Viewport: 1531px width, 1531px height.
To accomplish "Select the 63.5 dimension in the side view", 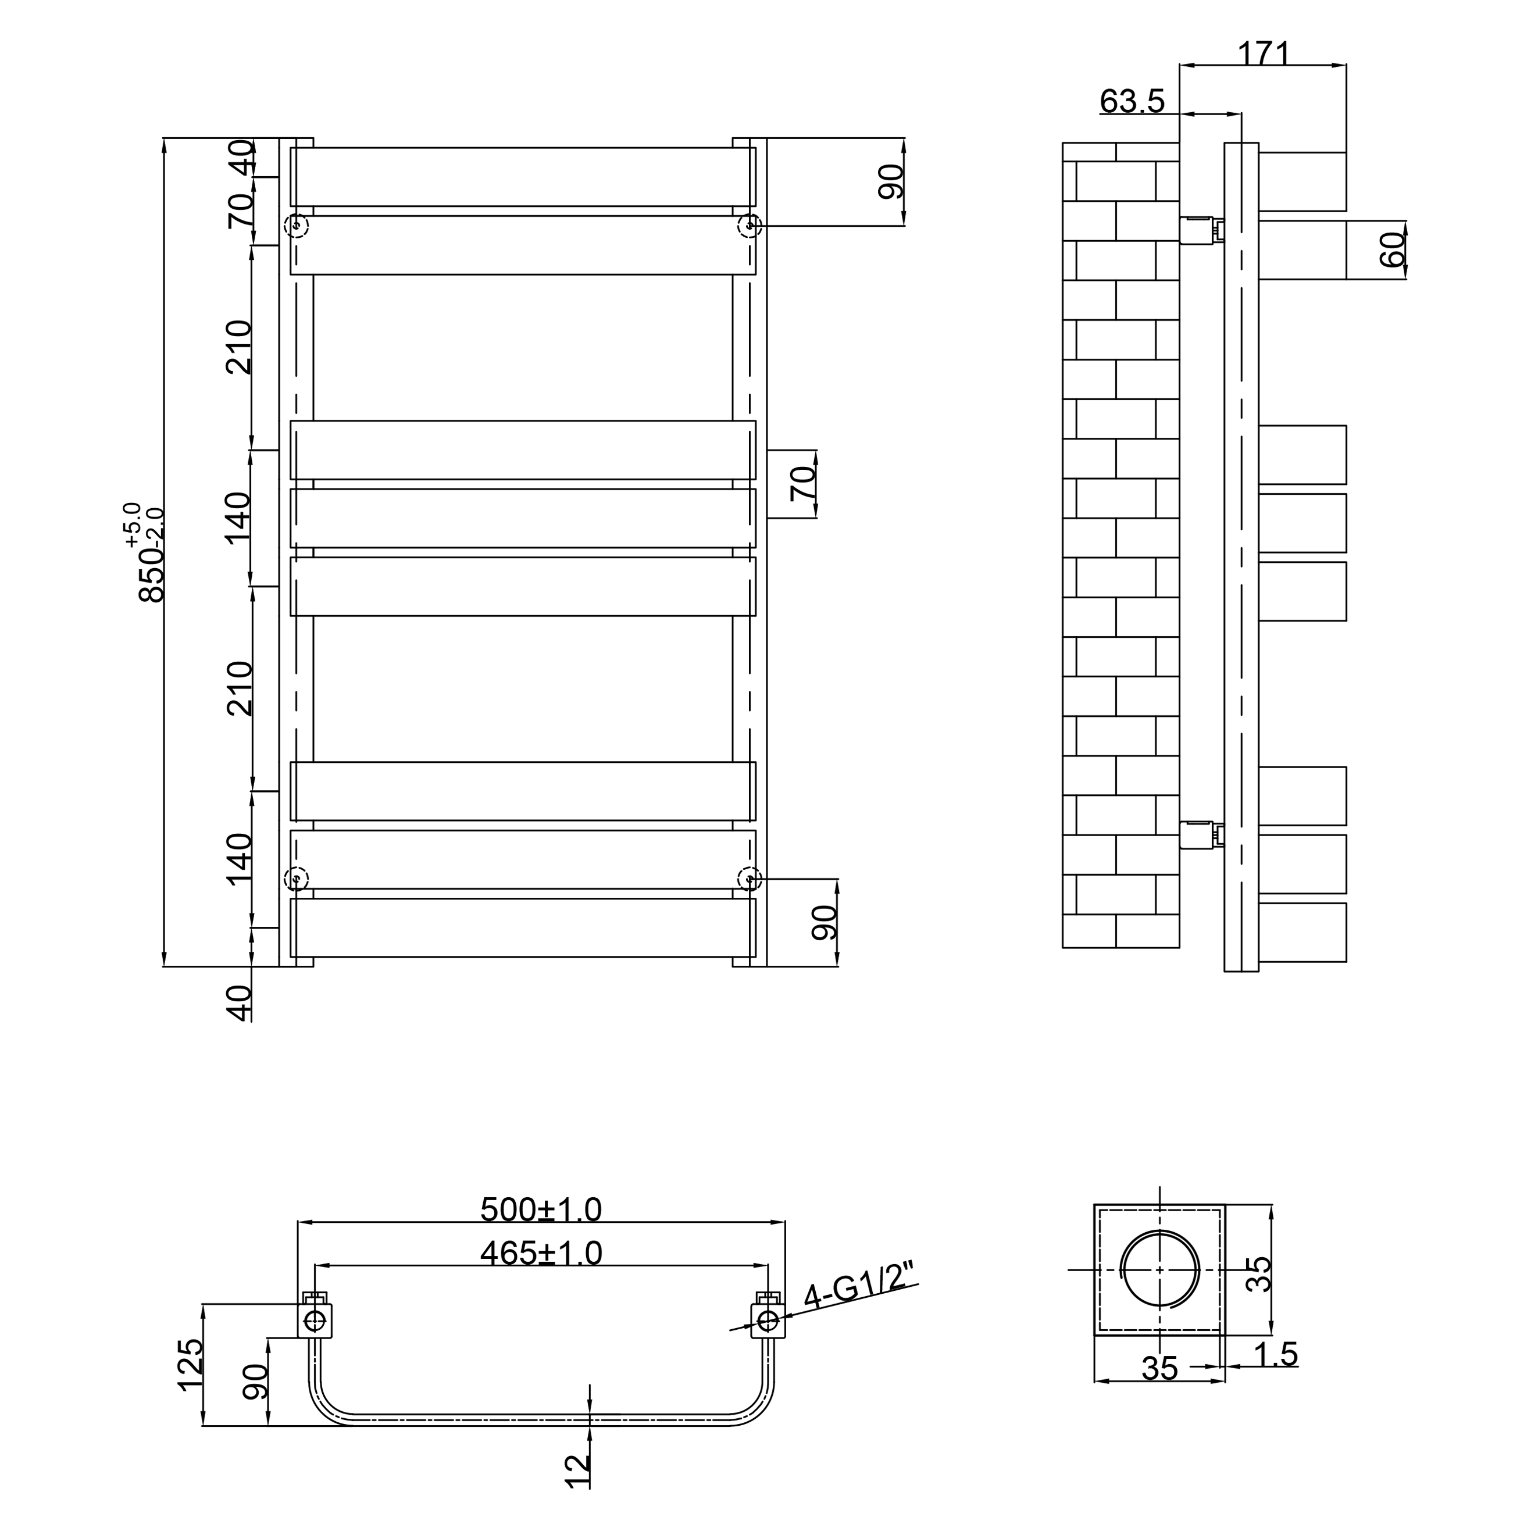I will (1132, 101).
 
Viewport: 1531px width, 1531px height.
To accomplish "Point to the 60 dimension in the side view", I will (1393, 249).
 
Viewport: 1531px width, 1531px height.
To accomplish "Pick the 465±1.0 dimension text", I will (541, 1275).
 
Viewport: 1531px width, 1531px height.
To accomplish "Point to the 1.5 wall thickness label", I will (1276, 1376).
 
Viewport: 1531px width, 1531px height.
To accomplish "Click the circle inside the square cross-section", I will (1159, 1291).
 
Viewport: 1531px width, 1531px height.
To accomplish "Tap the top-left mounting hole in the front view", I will (297, 226).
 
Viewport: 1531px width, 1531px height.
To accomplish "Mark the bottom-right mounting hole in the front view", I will (750, 878).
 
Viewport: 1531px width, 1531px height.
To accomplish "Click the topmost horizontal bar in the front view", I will (523, 177).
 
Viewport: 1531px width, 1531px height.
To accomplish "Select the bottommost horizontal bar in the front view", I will (523, 928).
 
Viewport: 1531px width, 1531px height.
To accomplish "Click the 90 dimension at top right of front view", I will (891, 181).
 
